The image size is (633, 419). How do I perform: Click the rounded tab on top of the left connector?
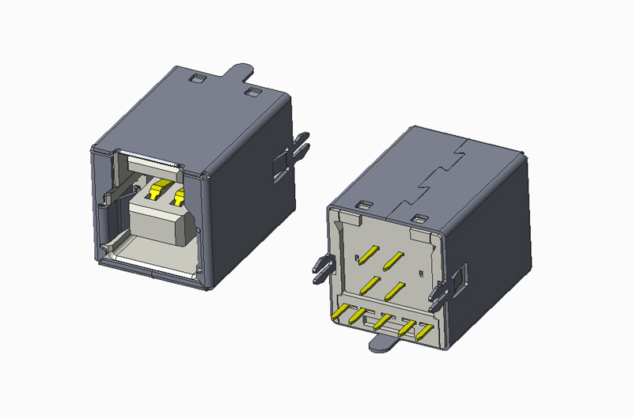point(241,73)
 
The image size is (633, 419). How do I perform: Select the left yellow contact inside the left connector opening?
point(159,191)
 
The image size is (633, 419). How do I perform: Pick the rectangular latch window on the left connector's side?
point(279,166)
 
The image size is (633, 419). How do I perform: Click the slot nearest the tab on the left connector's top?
point(253,92)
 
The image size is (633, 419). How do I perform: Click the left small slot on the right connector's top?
point(364,206)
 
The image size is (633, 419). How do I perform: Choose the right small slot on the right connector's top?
point(419,217)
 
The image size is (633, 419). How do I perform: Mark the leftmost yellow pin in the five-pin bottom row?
point(343,314)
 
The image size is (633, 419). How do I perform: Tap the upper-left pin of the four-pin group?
point(367,253)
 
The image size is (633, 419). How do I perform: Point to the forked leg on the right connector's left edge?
point(318,270)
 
